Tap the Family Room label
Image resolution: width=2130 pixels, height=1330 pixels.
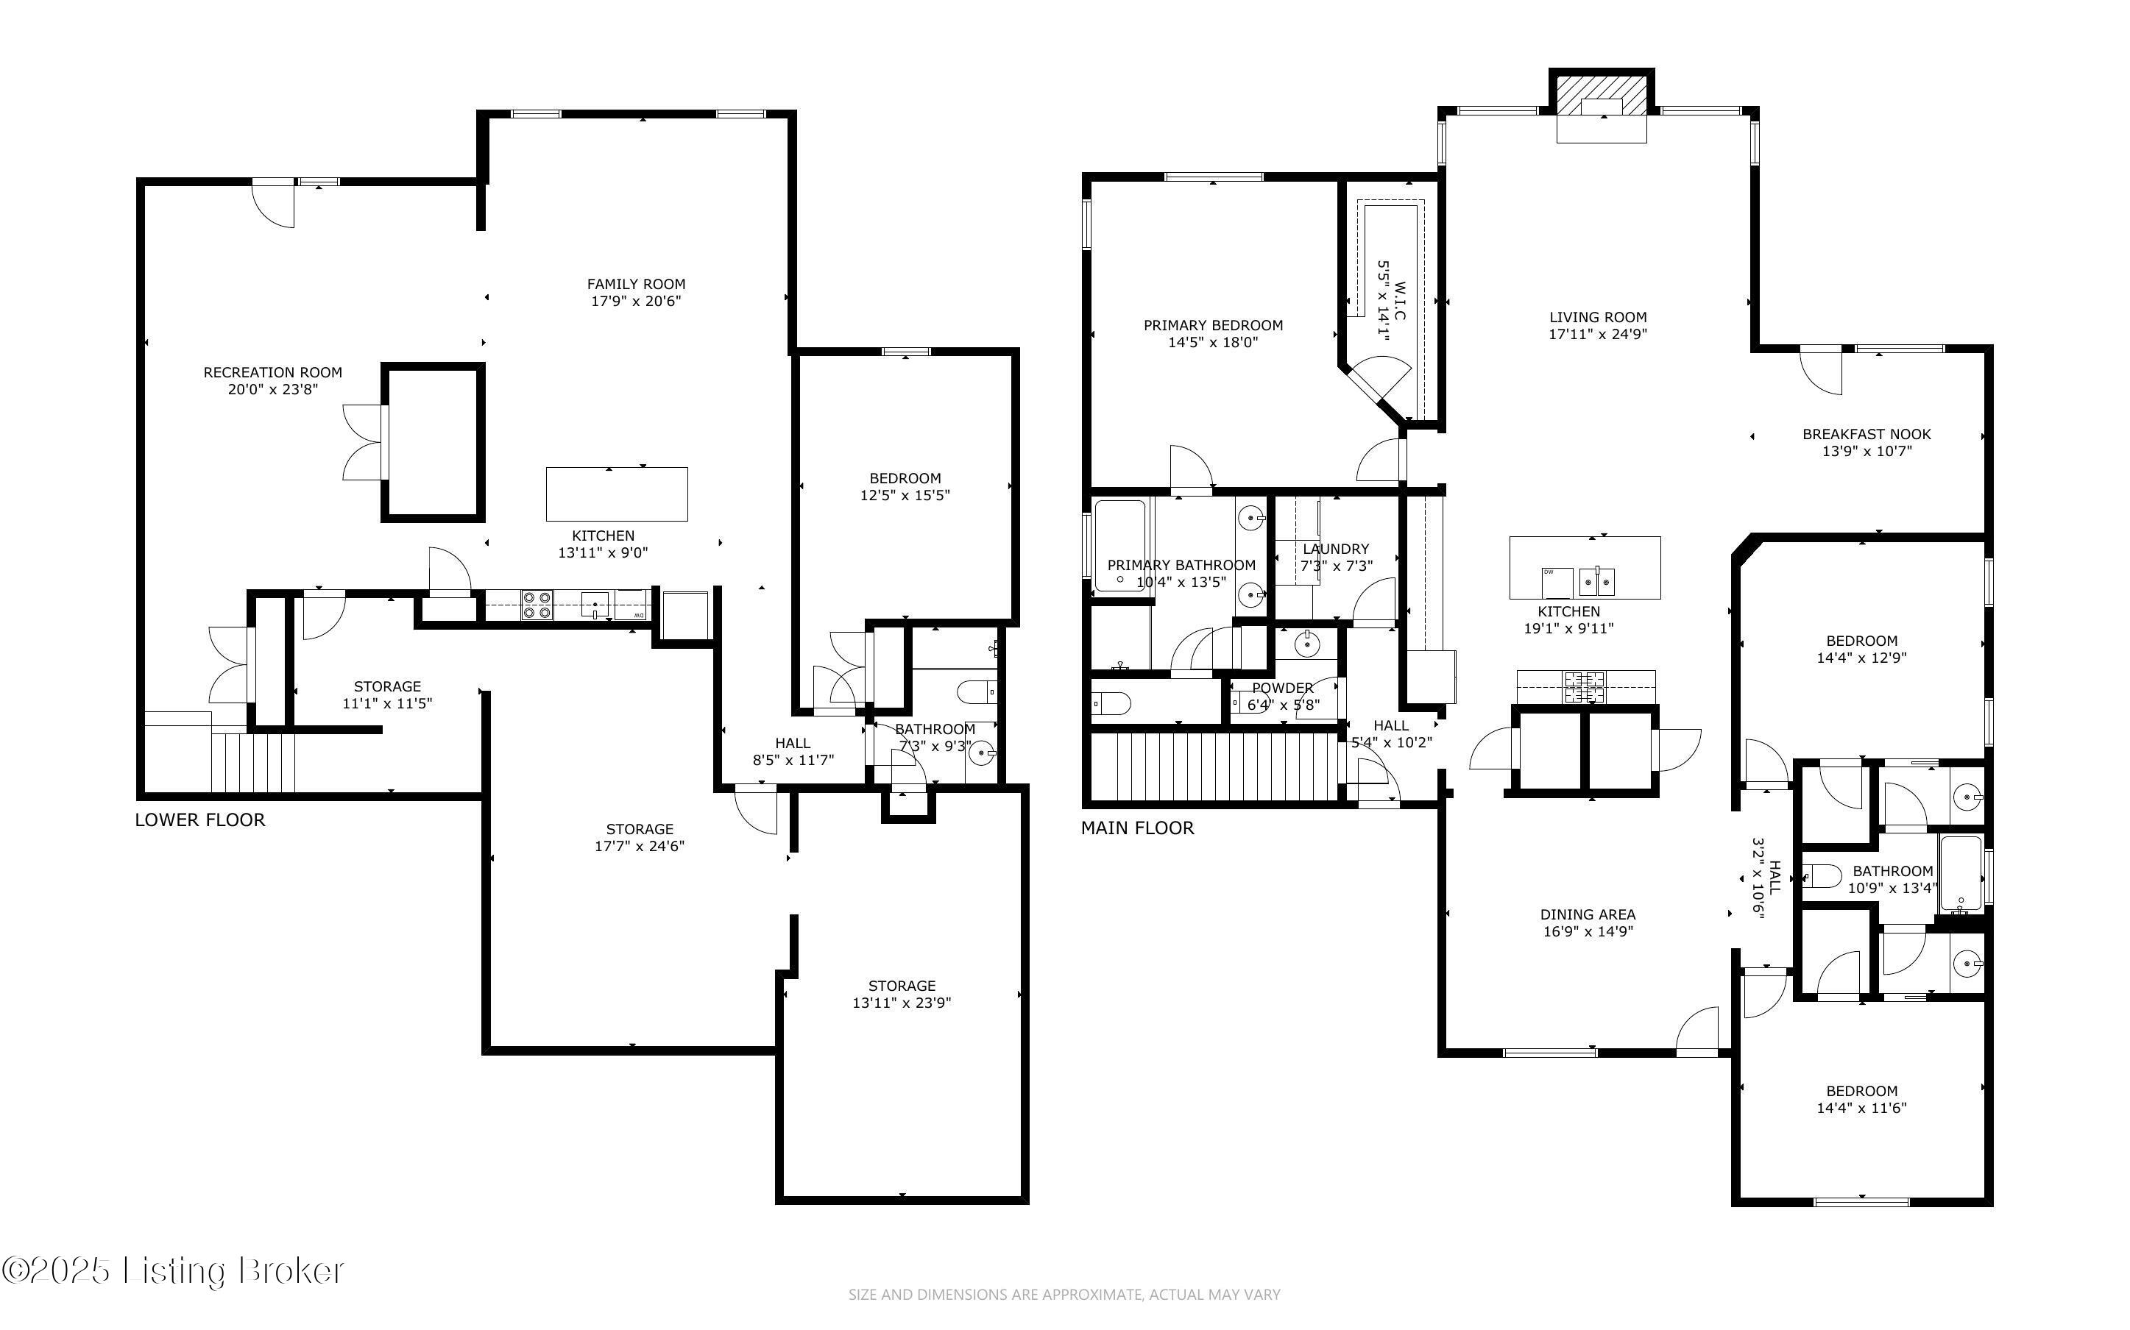(x=636, y=284)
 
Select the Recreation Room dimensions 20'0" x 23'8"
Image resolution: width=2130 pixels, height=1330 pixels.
(x=273, y=389)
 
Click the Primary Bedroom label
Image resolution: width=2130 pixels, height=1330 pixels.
(x=1213, y=325)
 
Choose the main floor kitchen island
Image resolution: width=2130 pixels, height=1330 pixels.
(x=1585, y=567)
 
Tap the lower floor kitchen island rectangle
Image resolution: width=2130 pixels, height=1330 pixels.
(x=617, y=494)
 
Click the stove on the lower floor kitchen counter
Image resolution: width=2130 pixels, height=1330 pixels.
(x=537, y=606)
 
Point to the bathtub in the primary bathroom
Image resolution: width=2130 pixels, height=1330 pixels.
(x=1120, y=545)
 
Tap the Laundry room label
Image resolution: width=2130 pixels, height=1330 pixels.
(x=1337, y=549)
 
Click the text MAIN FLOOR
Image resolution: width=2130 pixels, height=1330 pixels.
(x=1138, y=828)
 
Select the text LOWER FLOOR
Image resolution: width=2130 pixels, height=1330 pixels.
(x=199, y=819)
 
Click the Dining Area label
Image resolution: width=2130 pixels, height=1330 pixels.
(x=1588, y=915)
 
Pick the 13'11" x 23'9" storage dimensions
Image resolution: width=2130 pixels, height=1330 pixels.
(x=902, y=1003)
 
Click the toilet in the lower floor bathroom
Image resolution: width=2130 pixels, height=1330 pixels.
(x=977, y=693)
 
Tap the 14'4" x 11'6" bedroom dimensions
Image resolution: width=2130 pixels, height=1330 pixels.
(x=1861, y=1109)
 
